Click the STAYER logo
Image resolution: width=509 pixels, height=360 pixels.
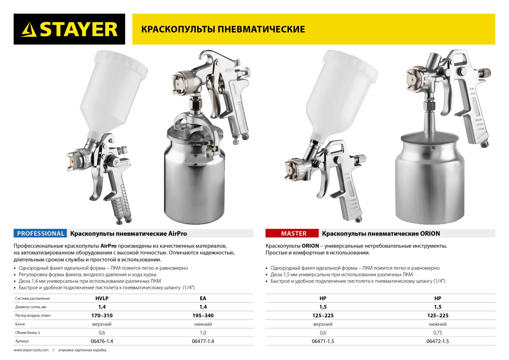(69, 29)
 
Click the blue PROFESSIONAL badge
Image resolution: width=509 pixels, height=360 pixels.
(40, 233)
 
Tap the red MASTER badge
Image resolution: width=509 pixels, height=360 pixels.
(294, 233)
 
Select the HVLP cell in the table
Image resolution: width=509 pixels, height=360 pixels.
(102, 298)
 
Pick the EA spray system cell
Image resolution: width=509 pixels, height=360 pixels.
(203, 298)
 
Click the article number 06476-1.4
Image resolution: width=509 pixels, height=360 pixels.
(102, 341)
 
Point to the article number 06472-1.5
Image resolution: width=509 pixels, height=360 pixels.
(437, 341)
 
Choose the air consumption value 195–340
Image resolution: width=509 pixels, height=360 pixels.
(203, 316)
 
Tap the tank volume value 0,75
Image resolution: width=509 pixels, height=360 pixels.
(437, 332)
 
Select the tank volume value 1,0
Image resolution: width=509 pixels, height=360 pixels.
(203, 332)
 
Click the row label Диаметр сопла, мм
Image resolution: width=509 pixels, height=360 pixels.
(31, 307)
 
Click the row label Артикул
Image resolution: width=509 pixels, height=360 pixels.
(22, 341)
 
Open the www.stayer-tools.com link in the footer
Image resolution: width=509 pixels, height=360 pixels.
(31, 350)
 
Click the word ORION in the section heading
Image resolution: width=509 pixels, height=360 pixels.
(430, 234)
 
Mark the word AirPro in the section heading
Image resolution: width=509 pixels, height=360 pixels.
(177, 234)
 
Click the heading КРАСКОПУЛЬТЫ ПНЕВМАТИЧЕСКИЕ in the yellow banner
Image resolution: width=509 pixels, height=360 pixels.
(223, 29)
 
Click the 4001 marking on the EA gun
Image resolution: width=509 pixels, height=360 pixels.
(230, 70)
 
